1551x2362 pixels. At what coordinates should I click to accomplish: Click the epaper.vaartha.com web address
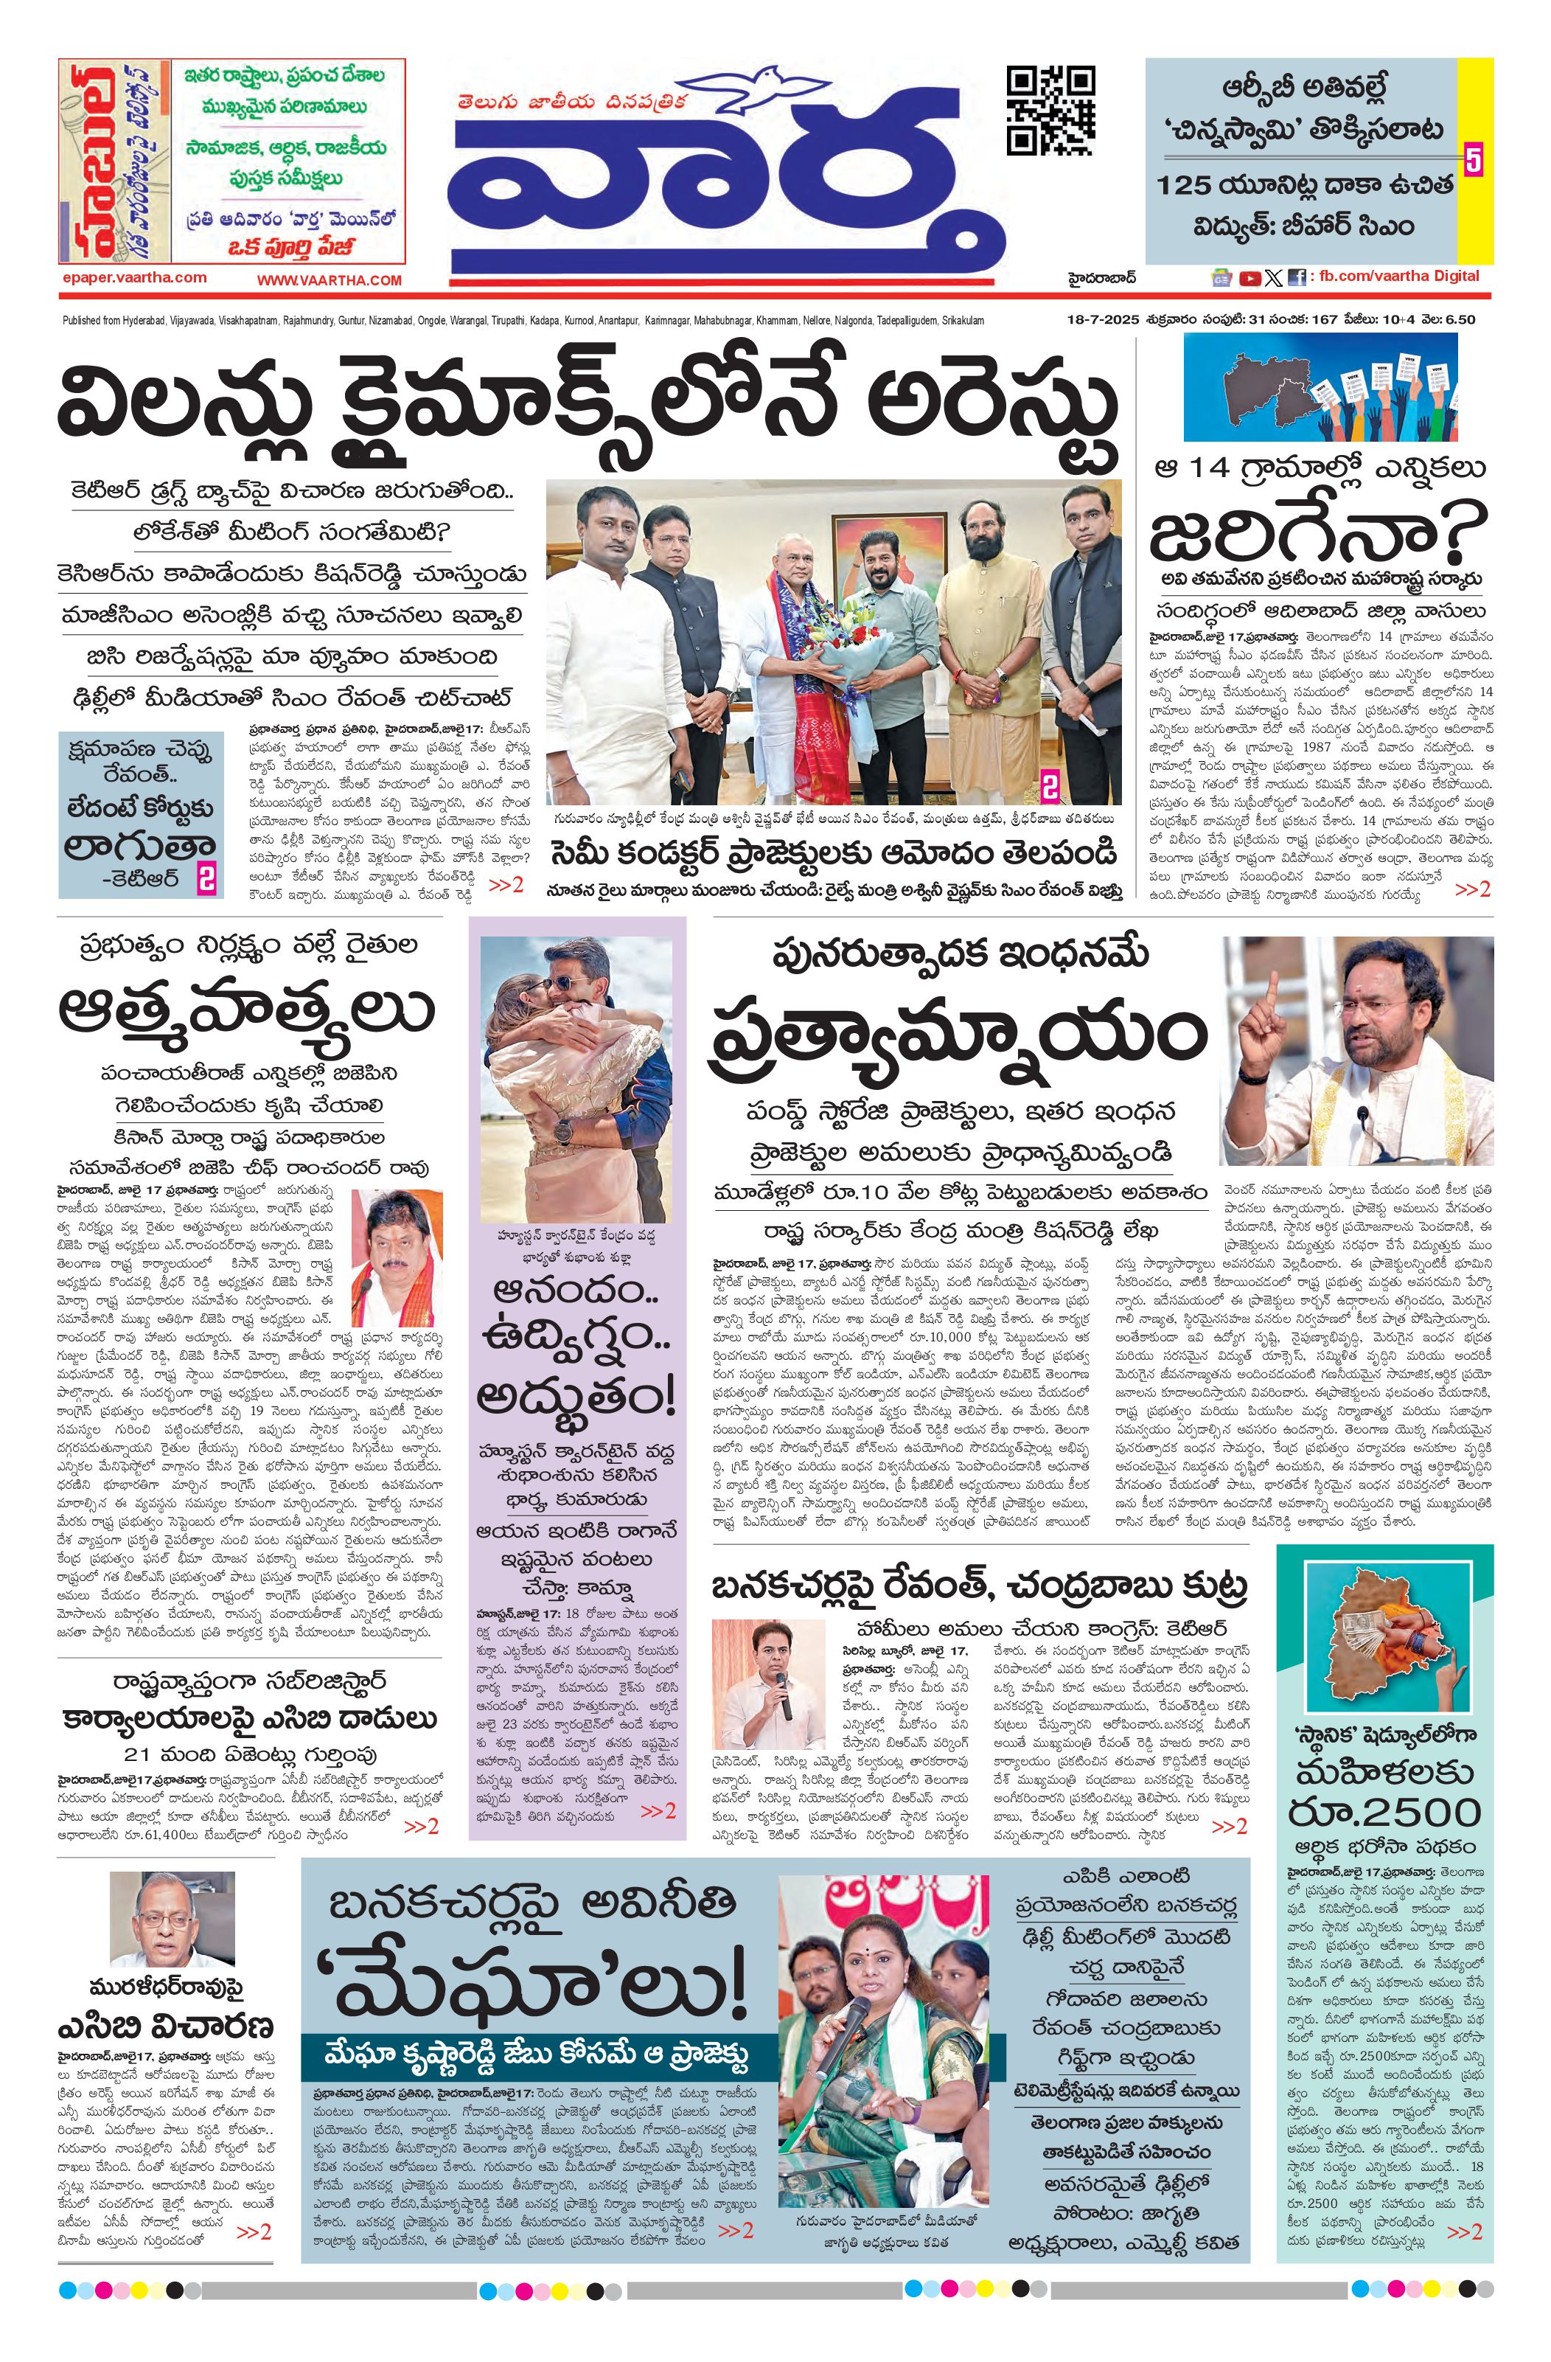[132, 278]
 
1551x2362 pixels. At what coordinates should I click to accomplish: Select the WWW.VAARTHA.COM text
[330, 280]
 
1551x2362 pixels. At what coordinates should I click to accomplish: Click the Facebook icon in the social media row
[1296, 279]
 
